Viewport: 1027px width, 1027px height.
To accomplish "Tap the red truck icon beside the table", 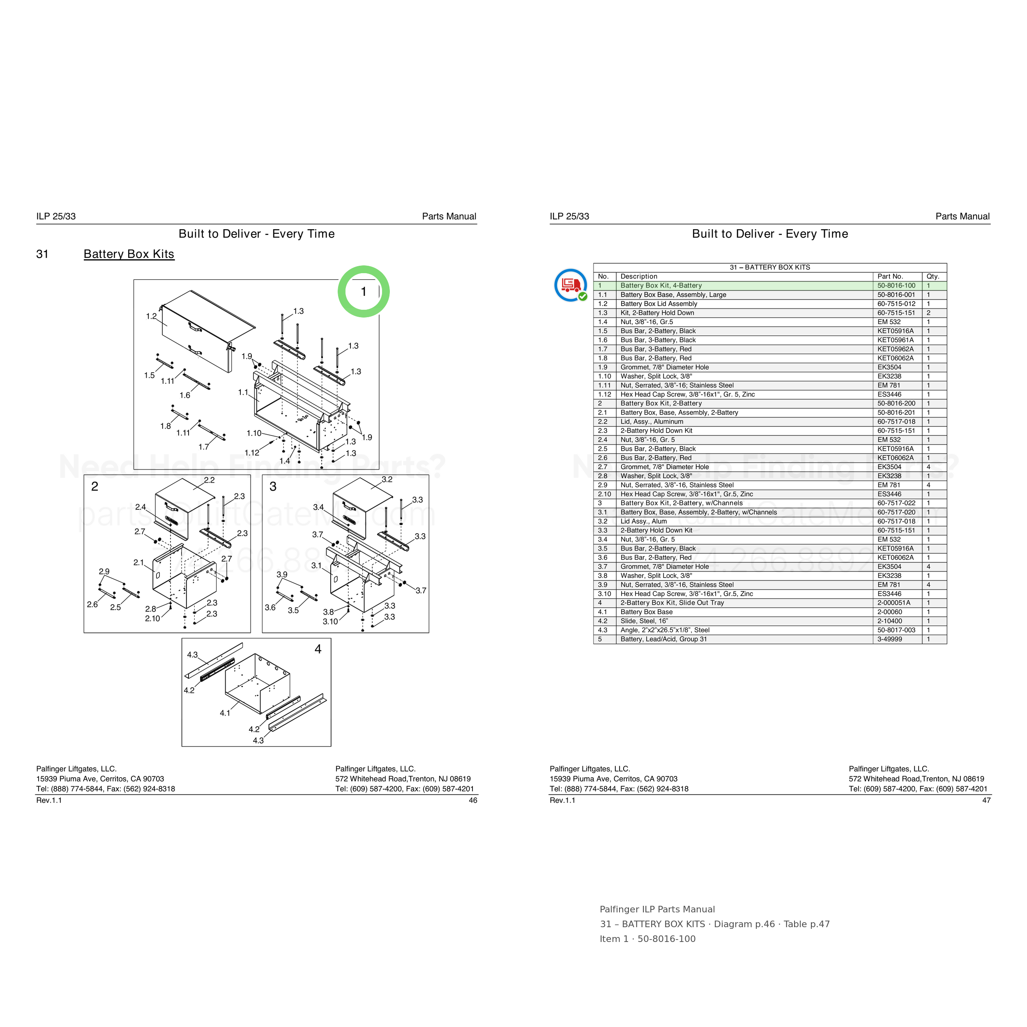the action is pyautogui.click(x=570, y=285).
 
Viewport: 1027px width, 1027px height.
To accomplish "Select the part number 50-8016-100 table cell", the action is pyautogui.click(x=897, y=286).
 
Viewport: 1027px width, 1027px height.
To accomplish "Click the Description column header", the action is pyautogui.click(x=639, y=276).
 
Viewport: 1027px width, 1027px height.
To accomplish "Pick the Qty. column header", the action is pyautogui.click(x=933, y=276).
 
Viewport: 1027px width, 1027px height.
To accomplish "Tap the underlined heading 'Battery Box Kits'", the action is pyautogui.click(x=129, y=254).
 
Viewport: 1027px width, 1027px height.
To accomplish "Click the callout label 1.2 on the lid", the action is pyautogui.click(x=152, y=316).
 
